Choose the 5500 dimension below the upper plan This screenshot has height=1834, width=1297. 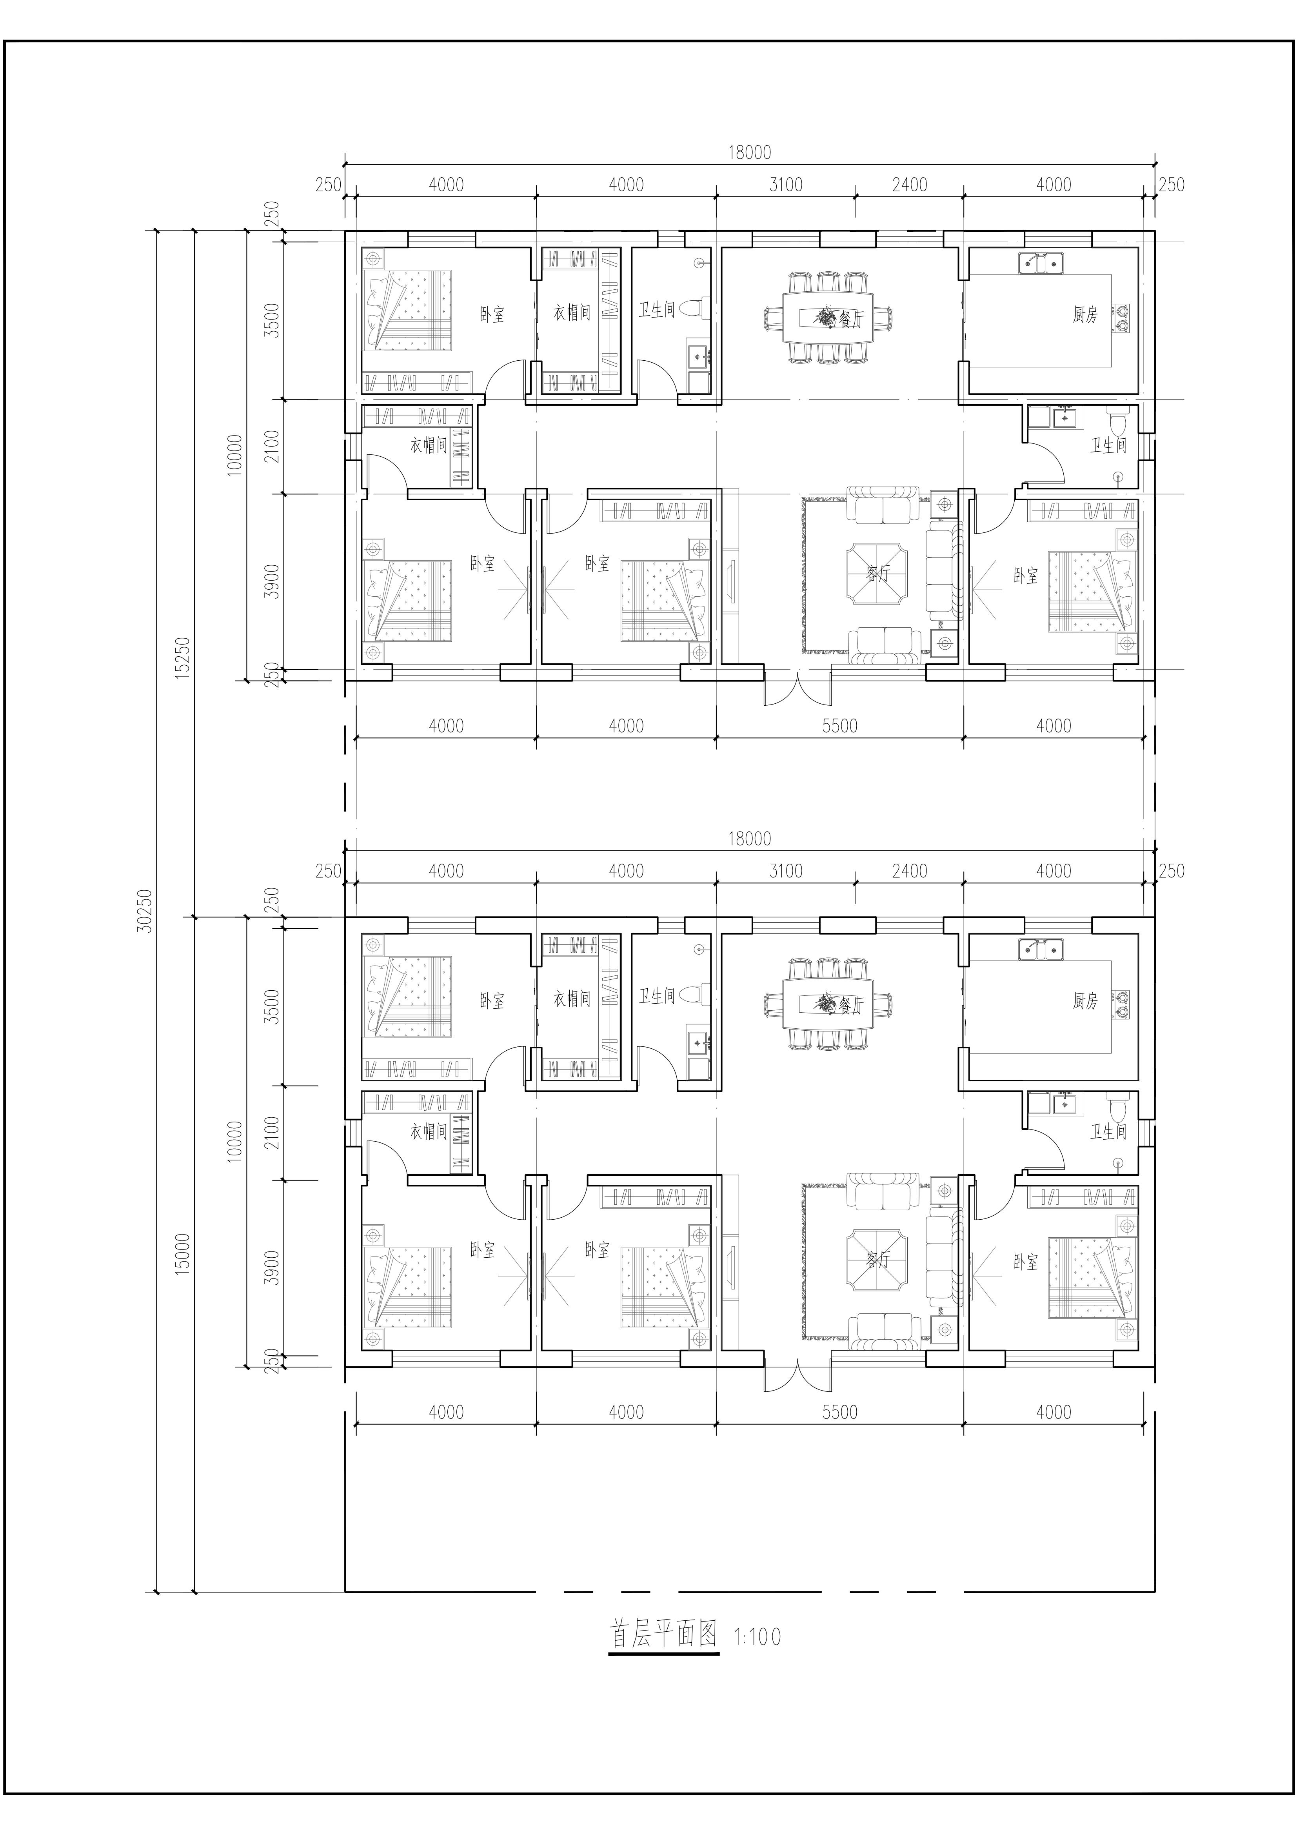coord(839,725)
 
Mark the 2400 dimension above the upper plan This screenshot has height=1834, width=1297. coord(910,185)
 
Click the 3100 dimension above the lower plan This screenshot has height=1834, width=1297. coord(786,871)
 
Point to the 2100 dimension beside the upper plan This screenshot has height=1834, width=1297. coord(272,447)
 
